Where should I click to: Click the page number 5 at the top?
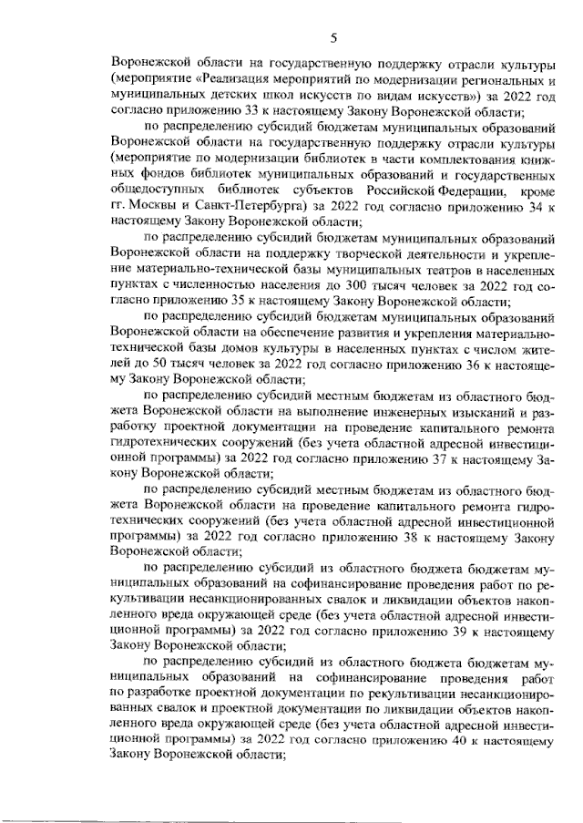tap(333, 37)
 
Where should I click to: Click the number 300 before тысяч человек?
tap(332, 283)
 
